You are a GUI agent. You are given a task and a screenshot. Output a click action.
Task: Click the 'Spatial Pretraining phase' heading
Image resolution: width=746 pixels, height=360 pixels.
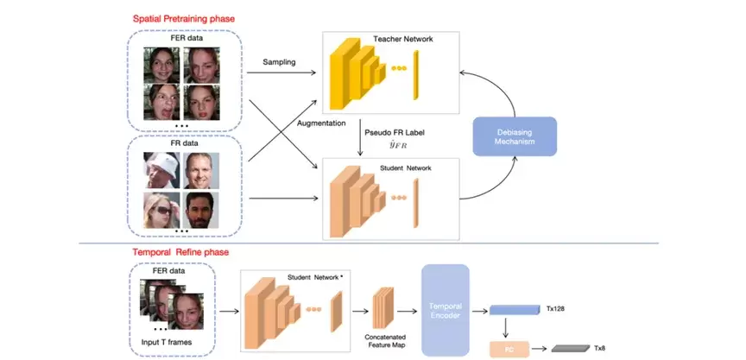(x=185, y=18)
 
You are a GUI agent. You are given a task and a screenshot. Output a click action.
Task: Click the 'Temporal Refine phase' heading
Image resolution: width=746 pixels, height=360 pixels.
(x=180, y=253)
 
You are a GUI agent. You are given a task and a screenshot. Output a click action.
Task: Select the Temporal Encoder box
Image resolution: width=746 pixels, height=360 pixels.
(x=446, y=307)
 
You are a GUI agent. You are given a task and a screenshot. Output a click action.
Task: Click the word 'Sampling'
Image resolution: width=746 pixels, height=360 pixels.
(x=281, y=62)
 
